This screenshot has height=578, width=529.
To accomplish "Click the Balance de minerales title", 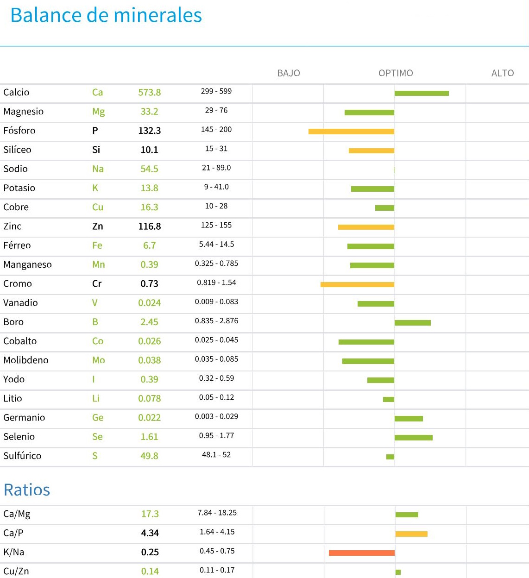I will point(106,15).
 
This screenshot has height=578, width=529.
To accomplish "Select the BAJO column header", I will point(289,73).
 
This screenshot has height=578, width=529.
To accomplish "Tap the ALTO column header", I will point(503,73).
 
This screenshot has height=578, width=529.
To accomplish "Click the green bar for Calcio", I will point(422,94).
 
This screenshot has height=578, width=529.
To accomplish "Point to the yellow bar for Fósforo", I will point(351,132).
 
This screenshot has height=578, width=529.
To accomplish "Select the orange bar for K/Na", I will point(361,553).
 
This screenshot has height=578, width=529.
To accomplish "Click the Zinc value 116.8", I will point(150,226).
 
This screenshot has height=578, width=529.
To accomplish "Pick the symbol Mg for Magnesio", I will point(98,112).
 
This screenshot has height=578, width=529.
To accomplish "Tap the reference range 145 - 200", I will point(216,130).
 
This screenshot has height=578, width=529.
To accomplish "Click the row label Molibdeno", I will point(26,360).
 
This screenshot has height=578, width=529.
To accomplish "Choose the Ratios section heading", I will point(27,490).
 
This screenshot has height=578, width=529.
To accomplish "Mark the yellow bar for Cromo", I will point(357,284).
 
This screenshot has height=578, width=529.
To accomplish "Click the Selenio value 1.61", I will point(150,437).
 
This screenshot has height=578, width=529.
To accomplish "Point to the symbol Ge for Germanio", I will point(98,418).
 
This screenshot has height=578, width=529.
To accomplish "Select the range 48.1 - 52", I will point(216,455).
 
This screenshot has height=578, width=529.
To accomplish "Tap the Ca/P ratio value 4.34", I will point(150,533).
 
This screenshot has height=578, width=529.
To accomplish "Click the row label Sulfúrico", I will point(22,456).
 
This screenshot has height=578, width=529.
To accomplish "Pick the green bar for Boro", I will point(413,323).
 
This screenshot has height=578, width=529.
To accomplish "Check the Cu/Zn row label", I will point(16,572).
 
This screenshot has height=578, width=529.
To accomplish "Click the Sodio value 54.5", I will point(150,169).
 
